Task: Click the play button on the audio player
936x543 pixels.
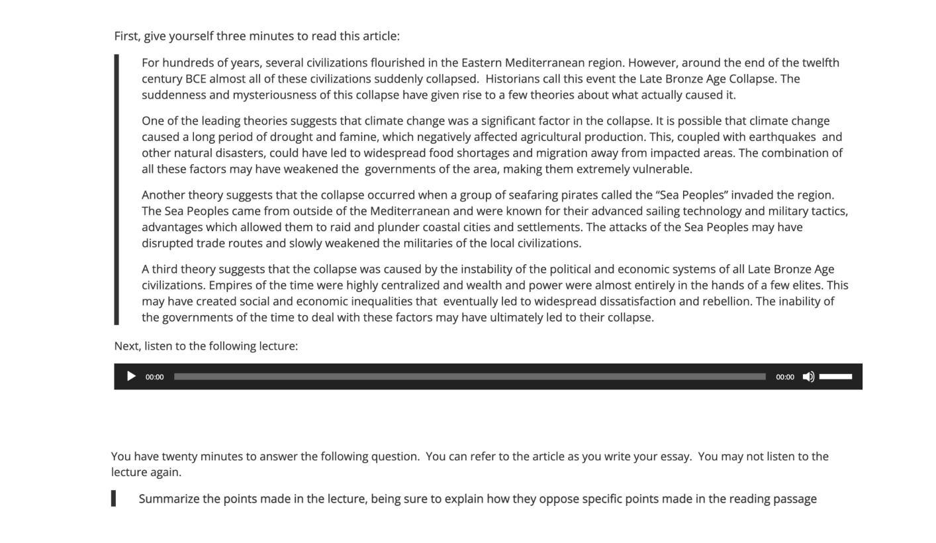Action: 131,377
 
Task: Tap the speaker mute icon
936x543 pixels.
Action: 808,377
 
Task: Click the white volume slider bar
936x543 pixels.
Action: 835,377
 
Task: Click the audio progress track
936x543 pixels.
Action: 469,377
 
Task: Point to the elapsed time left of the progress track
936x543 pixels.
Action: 154,377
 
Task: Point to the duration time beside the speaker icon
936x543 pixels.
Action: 785,377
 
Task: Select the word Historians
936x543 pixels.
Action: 512,79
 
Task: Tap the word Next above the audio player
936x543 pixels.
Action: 126,346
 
